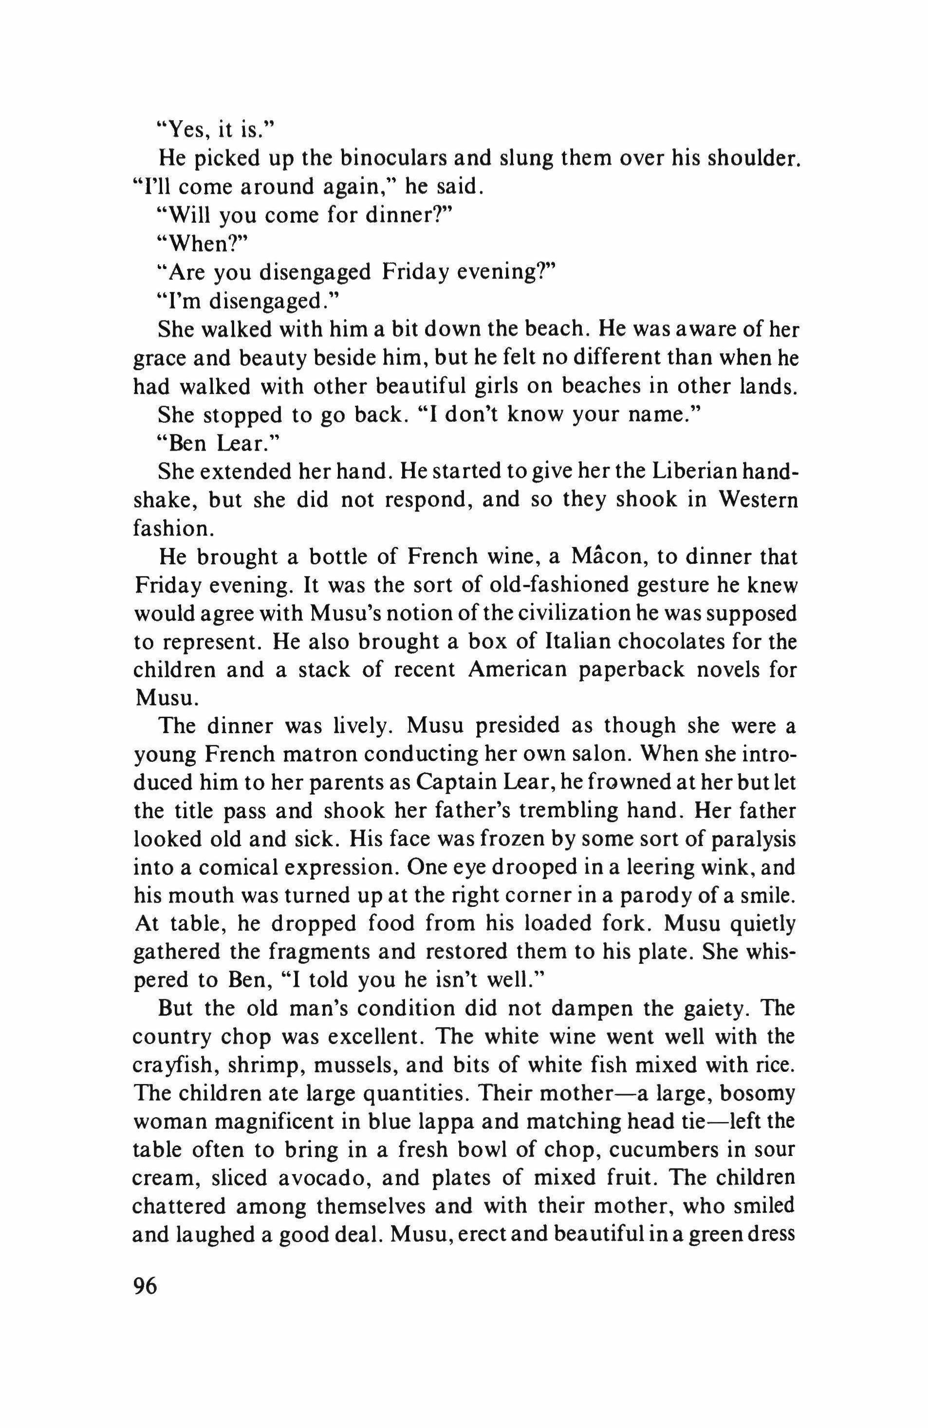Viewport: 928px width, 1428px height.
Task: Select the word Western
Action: tap(758, 500)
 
